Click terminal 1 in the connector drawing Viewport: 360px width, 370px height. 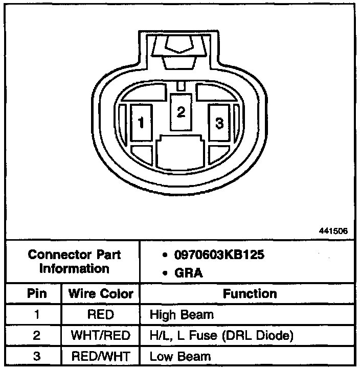point(141,123)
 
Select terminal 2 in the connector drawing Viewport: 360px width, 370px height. point(180,113)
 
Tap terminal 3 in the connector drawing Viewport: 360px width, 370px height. point(219,123)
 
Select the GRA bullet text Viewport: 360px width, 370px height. point(189,273)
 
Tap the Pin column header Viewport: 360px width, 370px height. point(36,294)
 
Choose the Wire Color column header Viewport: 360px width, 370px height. point(100,294)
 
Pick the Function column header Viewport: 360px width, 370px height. point(250,294)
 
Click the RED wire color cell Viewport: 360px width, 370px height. point(100,315)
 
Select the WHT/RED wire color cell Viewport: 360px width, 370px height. point(100,336)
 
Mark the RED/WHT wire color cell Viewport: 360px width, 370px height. point(100,356)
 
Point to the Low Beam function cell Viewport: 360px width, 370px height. point(179,356)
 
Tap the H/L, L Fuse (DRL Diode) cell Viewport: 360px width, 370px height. point(221,336)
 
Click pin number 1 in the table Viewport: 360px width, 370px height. point(36,315)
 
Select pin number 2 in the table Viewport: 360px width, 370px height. point(36,336)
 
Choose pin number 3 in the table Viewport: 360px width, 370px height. point(36,356)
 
